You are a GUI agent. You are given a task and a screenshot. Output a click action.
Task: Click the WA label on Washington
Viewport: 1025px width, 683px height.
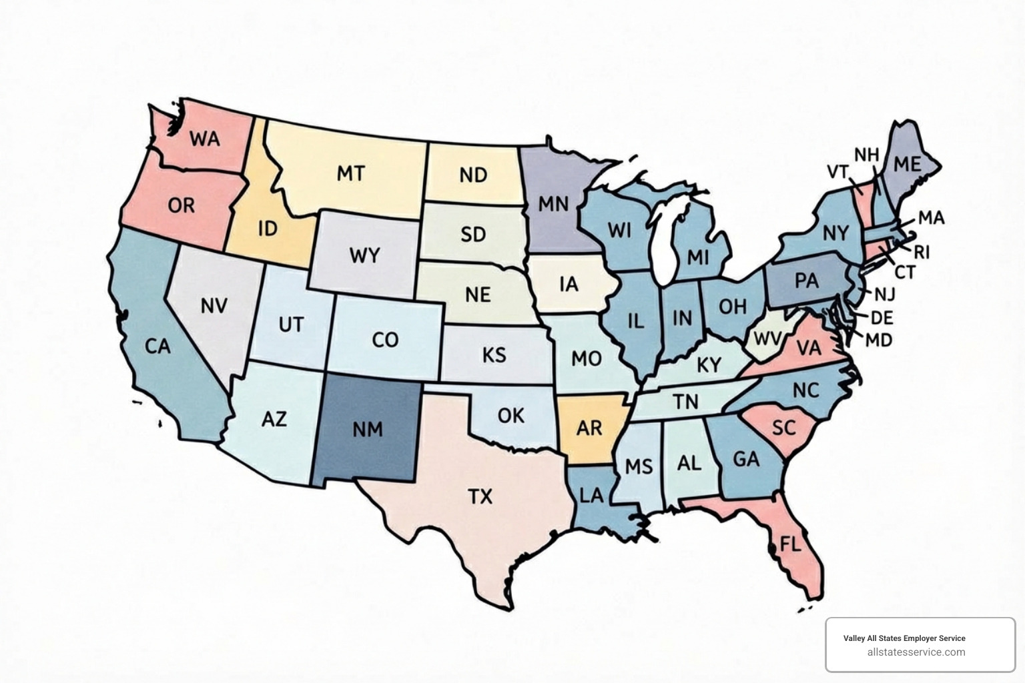(x=204, y=139)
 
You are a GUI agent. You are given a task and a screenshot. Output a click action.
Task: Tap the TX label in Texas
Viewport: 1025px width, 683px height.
(x=480, y=496)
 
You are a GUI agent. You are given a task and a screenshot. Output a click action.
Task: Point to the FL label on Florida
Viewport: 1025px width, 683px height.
(x=790, y=544)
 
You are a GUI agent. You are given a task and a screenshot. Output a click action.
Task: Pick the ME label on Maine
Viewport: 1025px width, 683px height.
(x=906, y=163)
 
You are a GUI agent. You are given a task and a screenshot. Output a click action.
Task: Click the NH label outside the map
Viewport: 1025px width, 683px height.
(x=866, y=155)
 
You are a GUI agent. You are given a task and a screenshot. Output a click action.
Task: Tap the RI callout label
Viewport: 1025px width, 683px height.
(x=922, y=252)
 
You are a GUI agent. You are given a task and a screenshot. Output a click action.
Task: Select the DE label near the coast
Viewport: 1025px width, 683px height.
(x=882, y=317)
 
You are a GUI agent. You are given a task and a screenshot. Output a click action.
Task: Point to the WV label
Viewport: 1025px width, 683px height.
(x=766, y=338)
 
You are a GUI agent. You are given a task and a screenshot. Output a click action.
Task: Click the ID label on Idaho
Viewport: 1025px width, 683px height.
(x=267, y=229)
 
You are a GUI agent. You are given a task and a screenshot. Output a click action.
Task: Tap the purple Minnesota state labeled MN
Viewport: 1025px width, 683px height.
(x=553, y=203)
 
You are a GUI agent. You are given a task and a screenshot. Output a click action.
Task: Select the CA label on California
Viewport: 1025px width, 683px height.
(x=157, y=346)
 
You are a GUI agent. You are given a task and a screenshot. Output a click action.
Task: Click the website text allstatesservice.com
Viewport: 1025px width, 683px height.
(x=916, y=652)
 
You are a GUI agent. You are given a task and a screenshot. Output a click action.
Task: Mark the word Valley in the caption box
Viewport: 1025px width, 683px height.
(x=853, y=638)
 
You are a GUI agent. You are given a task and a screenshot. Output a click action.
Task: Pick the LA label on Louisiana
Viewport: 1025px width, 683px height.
(x=591, y=495)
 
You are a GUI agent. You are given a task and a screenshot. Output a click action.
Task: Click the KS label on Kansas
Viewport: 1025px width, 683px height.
(x=494, y=355)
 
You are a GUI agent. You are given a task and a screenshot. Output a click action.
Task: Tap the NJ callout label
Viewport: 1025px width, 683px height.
(x=884, y=294)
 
